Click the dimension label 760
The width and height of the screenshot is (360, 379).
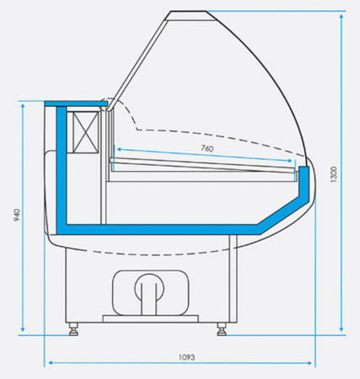click(x=207, y=148)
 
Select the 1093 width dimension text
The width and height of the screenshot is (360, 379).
click(x=186, y=357)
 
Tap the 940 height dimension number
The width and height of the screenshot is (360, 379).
click(x=17, y=215)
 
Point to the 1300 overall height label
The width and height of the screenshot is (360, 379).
click(x=333, y=174)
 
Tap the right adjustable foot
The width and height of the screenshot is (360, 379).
click(x=222, y=329)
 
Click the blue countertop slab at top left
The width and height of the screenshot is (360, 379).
click(x=76, y=104)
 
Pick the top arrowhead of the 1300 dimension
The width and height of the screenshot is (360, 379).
click(x=341, y=16)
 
